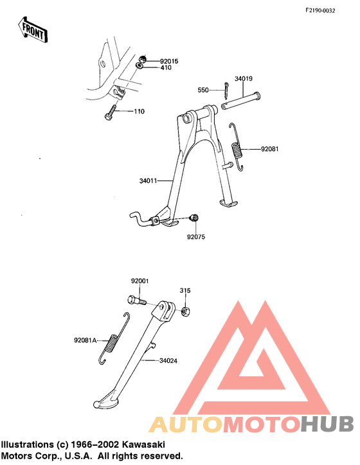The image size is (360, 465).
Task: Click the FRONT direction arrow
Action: point(32,30)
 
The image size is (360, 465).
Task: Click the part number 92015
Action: point(169,62)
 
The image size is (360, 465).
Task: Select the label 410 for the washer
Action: point(166,67)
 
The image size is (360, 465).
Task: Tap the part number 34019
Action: point(244,78)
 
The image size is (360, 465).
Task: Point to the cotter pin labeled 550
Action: point(226,91)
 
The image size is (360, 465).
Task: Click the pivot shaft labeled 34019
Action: point(241,101)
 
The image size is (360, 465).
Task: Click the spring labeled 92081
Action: point(237,147)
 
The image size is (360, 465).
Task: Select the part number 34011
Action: point(148,180)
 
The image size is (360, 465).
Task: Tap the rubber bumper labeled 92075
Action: point(194,218)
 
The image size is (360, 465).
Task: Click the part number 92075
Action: point(196,237)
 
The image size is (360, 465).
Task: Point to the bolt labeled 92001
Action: point(137,301)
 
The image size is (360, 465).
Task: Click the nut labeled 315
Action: point(186,311)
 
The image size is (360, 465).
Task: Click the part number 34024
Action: point(168,361)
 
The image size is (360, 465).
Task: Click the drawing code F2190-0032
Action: point(320,11)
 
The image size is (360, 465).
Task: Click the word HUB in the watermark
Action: point(327,424)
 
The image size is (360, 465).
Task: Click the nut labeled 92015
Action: point(143,58)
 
